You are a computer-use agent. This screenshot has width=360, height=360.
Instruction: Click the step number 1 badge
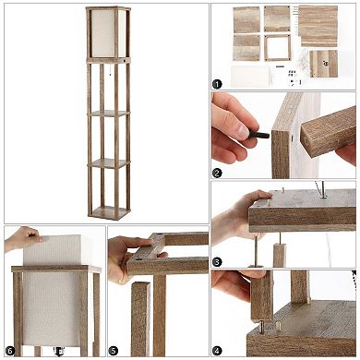(218, 84)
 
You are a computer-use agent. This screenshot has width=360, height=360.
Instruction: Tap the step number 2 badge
(218, 172)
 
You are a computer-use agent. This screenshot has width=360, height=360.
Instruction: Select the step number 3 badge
(218, 261)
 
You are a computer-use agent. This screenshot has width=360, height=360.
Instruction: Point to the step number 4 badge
(218, 351)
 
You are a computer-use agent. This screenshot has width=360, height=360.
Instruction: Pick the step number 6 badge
(10, 351)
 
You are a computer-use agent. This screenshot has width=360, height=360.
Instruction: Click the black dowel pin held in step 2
(259, 136)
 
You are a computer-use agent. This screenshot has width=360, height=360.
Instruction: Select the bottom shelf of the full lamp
(109, 210)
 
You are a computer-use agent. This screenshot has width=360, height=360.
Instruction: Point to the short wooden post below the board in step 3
(279, 253)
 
